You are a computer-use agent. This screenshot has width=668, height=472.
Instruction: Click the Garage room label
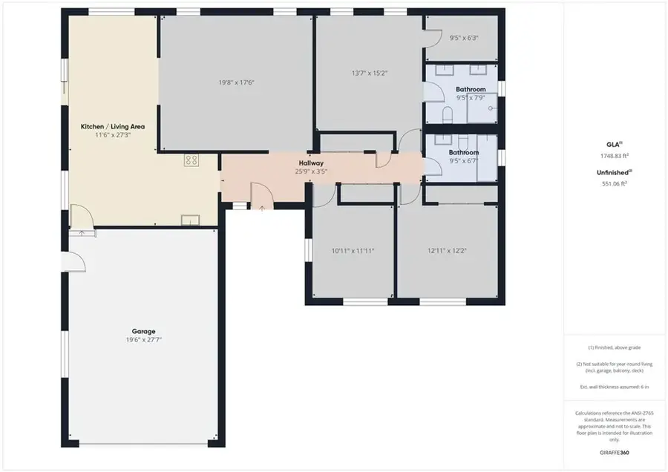pos(145,331)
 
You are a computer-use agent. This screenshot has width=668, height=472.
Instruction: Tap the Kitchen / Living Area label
pos(113,127)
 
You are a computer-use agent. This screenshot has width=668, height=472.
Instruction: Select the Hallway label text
pos(311,163)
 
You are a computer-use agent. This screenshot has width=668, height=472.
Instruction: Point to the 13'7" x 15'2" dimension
pos(370,73)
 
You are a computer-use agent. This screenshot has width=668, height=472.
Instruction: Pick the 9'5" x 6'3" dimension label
pos(464,38)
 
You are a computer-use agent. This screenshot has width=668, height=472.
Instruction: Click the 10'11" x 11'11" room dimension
pos(353,251)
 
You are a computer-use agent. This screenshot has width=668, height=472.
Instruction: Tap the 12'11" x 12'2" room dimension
pos(446,251)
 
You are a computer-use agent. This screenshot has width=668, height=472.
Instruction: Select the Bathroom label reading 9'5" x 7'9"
pos(471,90)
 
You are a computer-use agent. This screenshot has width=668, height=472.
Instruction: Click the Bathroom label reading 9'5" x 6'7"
pos(464,153)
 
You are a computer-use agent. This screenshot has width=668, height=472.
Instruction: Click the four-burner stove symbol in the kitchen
pos(191,160)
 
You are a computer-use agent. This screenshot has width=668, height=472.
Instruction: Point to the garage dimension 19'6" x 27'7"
pos(144,339)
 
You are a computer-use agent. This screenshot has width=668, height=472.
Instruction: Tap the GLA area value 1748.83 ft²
pos(615,156)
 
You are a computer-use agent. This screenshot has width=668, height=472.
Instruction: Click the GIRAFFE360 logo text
pos(615,451)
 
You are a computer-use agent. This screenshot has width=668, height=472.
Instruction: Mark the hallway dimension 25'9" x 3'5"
pos(311,171)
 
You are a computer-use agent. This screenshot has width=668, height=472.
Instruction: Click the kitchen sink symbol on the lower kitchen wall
pos(190,218)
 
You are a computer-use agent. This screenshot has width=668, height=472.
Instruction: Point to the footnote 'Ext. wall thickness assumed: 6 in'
pos(615,387)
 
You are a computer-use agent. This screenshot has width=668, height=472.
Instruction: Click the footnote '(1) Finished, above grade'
pos(615,347)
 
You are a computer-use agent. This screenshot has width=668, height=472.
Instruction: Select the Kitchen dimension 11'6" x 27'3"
pos(113,135)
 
